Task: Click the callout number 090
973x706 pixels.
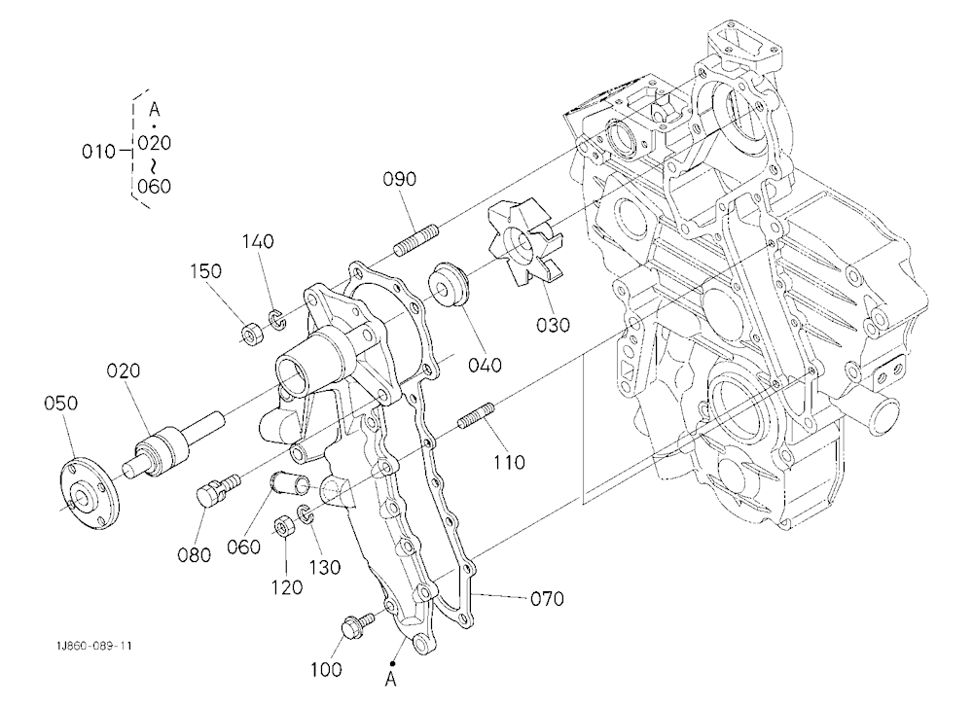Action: (x=399, y=179)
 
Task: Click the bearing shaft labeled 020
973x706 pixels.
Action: (x=175, y=443)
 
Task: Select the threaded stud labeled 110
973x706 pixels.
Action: (x=476, y=415)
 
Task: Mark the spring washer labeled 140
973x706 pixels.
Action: (x=276, y=319)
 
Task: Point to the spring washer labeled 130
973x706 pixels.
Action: (x=304, y=513)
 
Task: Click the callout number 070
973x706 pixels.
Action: (x=547, y=599)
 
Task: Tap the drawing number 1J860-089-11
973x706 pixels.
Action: (x=93, y=646)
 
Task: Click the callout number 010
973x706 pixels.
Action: (x=98, y=152)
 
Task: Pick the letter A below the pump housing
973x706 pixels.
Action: (x=391, y=680)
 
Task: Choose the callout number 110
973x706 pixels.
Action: (x=509, y=462)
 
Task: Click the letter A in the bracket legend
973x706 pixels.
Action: (x=155, y=110)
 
